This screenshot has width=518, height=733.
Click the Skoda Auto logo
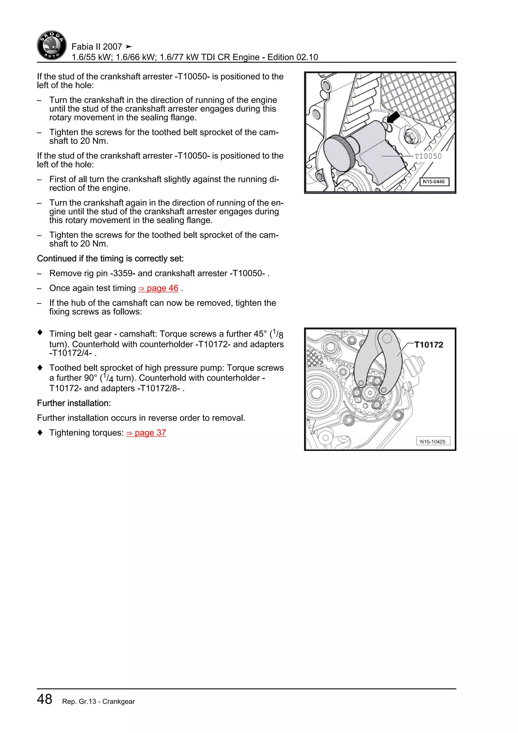coord(52,45)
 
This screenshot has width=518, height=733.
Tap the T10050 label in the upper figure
coord(428,156)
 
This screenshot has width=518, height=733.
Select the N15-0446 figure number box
coord(434,182)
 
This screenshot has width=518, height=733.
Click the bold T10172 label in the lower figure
coord(429,345)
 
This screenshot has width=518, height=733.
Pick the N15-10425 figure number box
coord(433,441)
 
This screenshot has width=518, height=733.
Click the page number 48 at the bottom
coord(45,699)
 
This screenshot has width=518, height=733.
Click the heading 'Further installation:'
coord(74,403)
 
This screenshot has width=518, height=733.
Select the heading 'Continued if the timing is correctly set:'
coord(110,259)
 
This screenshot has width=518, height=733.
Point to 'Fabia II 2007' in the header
coord(97,47)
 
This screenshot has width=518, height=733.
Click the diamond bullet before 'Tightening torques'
coord(40,433)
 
